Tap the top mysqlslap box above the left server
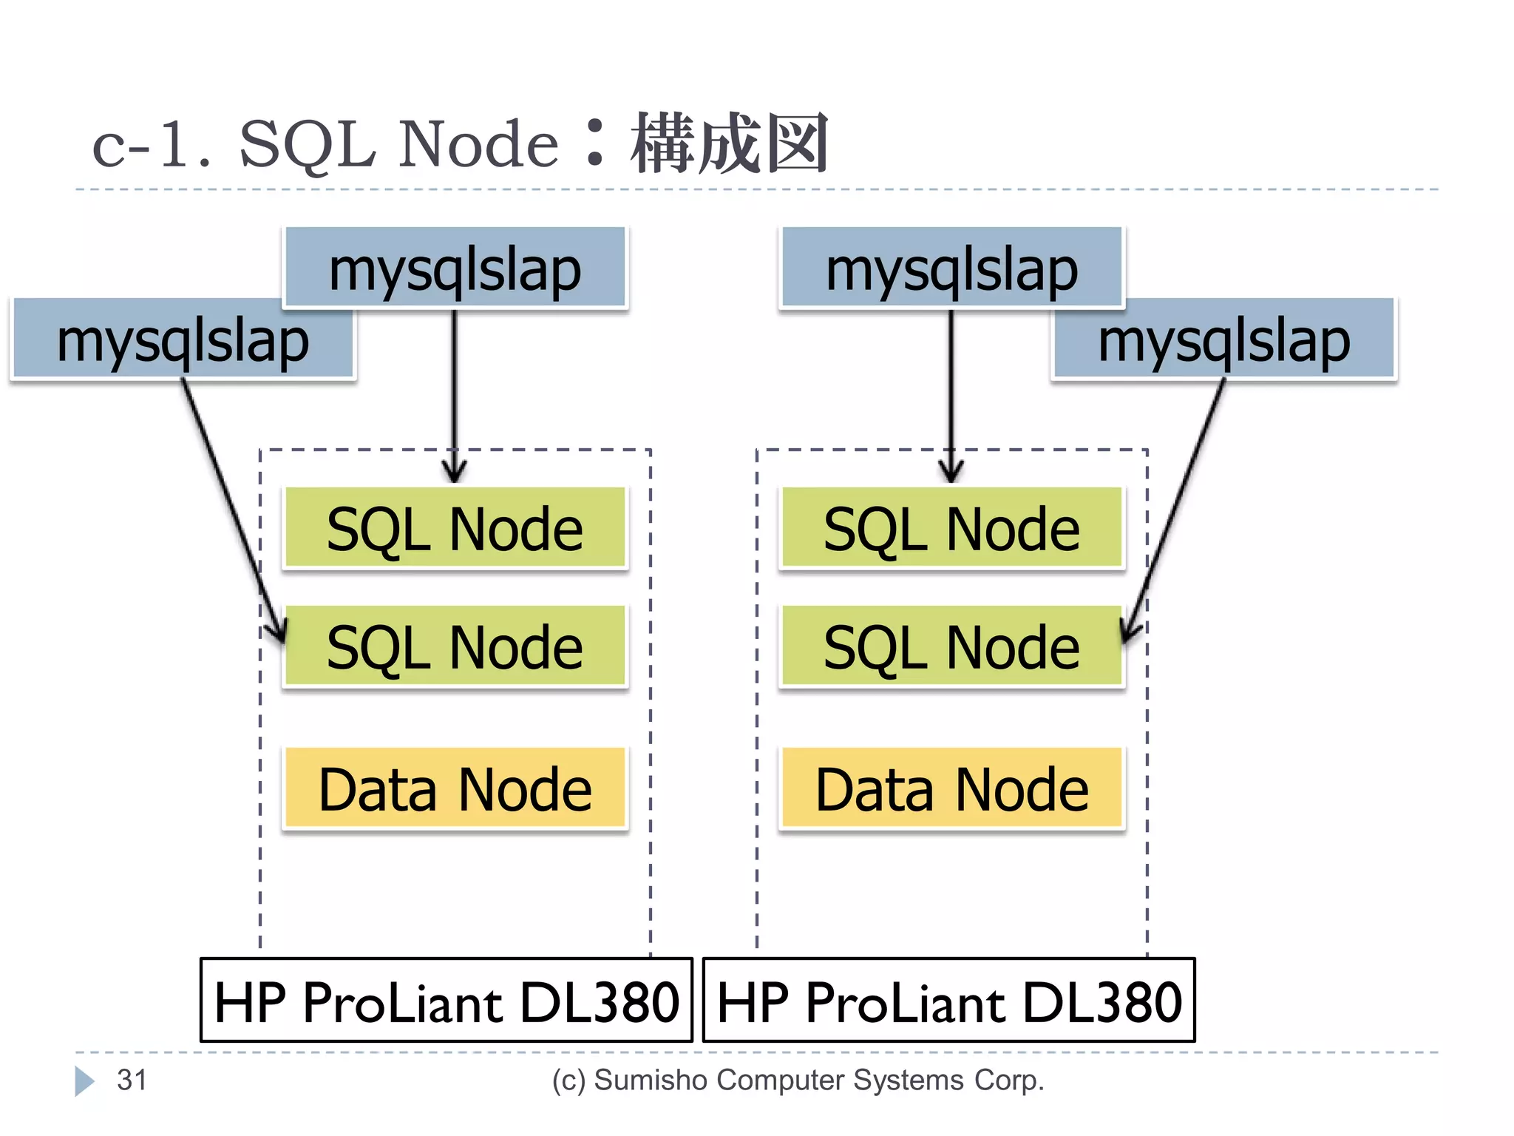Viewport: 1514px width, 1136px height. pyautogui.click(x=455, y=268)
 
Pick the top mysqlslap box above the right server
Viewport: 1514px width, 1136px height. pyautogui.click(x=951, y=268)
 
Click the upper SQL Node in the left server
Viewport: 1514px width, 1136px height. pyautogui.click(x=455, y=528)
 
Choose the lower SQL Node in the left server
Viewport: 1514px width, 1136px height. pyautogui.click(x=455, y=646)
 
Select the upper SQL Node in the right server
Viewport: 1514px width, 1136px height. pyautogui.click(x=951, y=528)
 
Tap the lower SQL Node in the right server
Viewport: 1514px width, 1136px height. pyautogui.click(x=951, y=646)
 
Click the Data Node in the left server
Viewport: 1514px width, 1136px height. pyautogui.click(x=455, y=788)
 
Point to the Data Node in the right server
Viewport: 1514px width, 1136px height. pyautogui.click(x=951, y=788)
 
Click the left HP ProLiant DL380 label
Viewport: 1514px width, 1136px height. pyautogui.click(x=447, y=1001)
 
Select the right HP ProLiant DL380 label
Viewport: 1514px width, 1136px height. pyautogui.click(x=949, y=1001)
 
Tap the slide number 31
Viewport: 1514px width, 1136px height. pyautogui.click(x=132, y=1080)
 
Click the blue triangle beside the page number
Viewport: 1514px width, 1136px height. pyautogui.click(x=84, y=1081)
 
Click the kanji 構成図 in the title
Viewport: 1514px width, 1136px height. pyautogui.click(x=730, y=143)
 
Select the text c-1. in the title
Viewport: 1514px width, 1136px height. pyautogui.click(x=152, y=145)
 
